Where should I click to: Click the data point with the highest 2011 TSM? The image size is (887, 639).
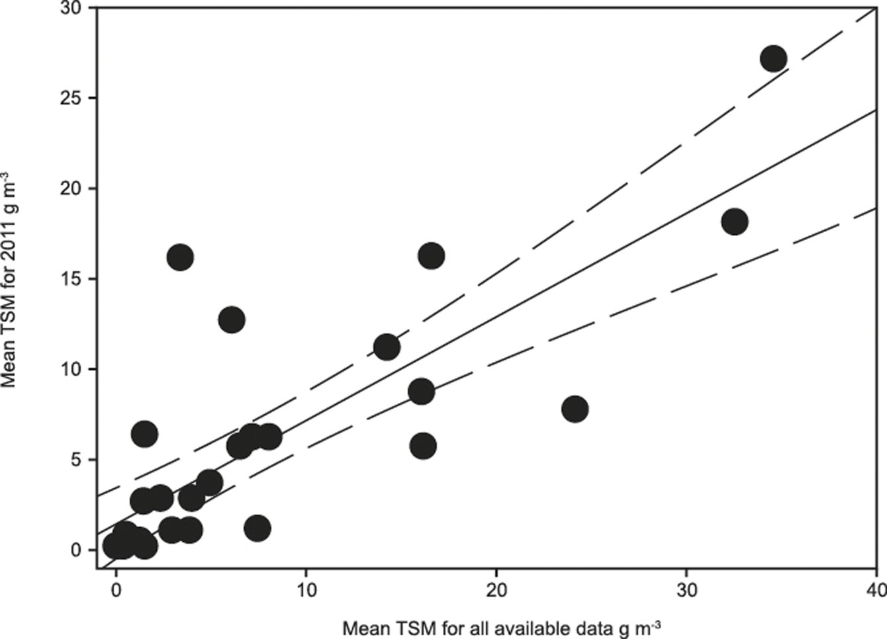[773, 59]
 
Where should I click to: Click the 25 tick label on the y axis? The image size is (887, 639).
[70, 98]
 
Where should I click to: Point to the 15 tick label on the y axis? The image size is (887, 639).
[70, 278]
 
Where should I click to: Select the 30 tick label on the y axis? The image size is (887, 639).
[70, 8]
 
